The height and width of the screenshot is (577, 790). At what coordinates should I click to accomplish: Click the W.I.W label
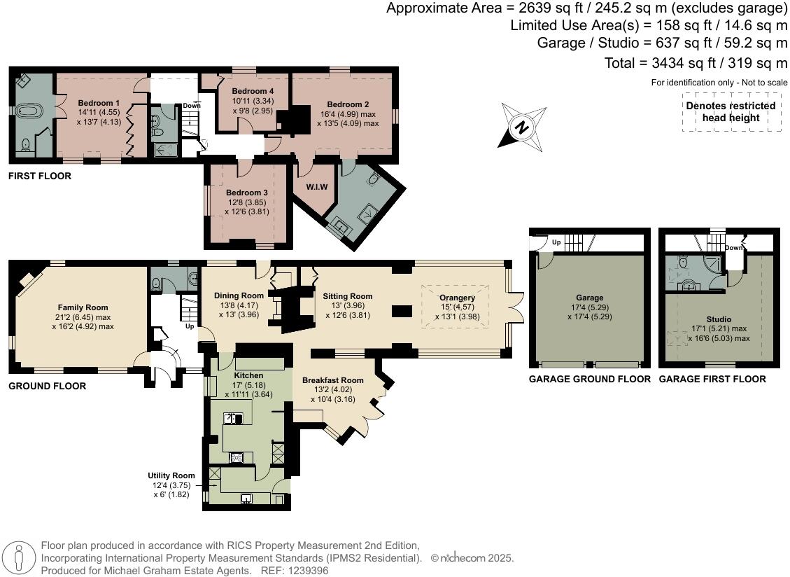click(x=317, y=187)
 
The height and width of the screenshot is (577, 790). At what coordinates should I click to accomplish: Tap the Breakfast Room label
click(x=333, y=380)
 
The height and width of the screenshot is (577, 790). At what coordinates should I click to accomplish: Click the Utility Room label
click(x=171, y=475)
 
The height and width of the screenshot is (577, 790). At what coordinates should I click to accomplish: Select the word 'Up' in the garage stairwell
click(x=556, y=242)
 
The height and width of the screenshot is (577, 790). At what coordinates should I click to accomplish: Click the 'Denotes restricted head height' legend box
click(x=731, y=112)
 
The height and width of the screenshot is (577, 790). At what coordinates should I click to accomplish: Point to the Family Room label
click(x=83, y=307)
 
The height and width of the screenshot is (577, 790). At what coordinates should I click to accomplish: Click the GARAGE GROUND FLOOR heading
click(x=589, y=379)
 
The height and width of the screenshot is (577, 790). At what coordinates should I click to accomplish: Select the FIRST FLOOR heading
click(x=40, y=176)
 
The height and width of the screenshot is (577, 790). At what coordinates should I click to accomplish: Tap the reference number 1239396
click(x=304, y=571)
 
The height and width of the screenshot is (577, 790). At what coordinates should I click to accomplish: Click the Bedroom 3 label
click(x=246, y=193)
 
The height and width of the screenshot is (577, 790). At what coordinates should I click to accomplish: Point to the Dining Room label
click(x=239, y=296)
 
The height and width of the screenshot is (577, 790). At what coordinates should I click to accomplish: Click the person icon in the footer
click(x=20, y=558)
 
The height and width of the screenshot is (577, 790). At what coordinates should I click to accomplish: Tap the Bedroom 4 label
click(x=253, y=91)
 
